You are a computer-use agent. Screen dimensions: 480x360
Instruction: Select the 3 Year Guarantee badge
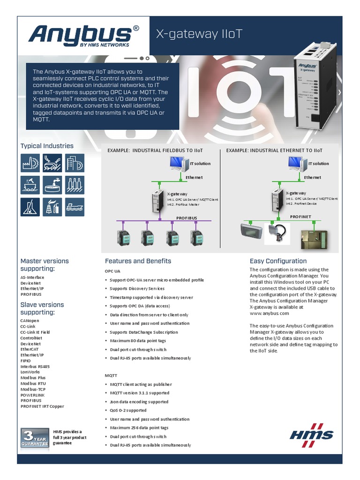(x=34, y=437)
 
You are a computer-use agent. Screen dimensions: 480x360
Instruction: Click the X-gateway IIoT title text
(x=199, y=34)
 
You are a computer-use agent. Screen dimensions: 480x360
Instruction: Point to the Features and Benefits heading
(x=138, y=261)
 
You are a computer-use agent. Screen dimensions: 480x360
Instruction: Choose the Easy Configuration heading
(x=278, y=261)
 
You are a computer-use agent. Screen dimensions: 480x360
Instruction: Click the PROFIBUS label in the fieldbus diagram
(x=187, y=218)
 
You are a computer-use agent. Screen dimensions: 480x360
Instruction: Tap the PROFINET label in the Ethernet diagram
(x=300, y=217)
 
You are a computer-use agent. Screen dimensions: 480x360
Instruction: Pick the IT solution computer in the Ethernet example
(x=296, y=163)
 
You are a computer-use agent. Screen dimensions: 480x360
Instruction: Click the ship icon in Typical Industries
(x=75, y=207)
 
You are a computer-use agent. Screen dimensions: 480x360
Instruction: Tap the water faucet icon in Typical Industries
(x=52, y=185)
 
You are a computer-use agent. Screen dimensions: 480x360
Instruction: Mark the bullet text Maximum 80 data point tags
(x=138, y=341)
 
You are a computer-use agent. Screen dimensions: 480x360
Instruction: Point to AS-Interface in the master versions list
(x=32, y=277)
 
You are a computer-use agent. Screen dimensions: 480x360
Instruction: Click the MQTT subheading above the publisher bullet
(x=111, y=375)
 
